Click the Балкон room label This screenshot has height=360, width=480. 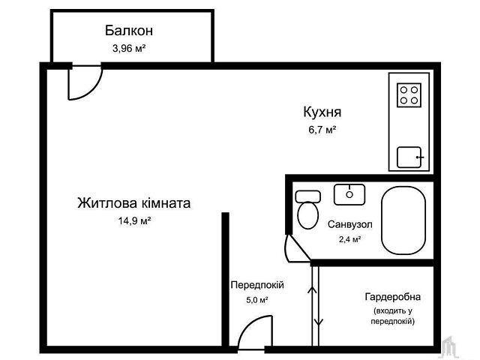coord(129,31)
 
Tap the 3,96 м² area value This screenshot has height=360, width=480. coord(129,48)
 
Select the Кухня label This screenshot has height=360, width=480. coord(322,112)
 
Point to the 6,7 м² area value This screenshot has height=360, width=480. coord(322,130)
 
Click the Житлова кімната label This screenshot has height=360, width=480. coord(134,203)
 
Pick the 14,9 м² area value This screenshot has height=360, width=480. coord(135,220)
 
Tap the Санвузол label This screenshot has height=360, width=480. coord(350,224)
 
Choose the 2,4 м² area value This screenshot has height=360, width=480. coord(349,238)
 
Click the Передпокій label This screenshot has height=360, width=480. coord(257,285)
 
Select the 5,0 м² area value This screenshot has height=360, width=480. coord(257,300)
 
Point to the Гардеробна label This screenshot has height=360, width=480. coord(393,297)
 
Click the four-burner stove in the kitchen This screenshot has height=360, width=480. coord(409,95)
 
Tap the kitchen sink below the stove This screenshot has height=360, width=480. coord(409,157)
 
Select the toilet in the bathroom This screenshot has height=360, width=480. coord(308,209)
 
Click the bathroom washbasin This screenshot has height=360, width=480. coord(349,194)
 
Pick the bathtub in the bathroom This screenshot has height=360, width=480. coord(403,220)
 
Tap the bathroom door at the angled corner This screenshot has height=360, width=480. coord(298,248)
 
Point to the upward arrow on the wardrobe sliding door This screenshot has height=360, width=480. coord(312,290)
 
